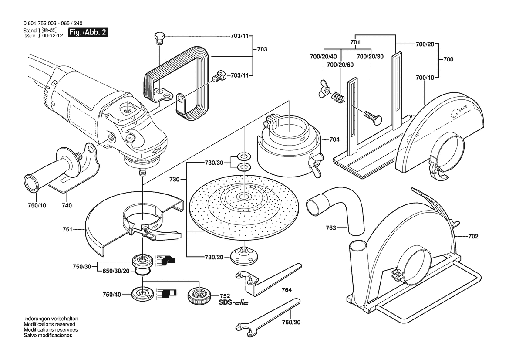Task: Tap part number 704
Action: click(x=334, y=140)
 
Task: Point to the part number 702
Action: click(x=473, y=237)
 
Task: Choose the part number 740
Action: click(x=67, y=205)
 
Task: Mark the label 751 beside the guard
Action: click(x=67, y=228)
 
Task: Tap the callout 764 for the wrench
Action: click(x=286, y=290)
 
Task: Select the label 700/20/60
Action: click(x=340, y=65)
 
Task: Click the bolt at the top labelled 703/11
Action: click(x=160, y=38)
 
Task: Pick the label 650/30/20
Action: click(x=115, y=271)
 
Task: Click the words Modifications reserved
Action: click(x=49, y=325)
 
